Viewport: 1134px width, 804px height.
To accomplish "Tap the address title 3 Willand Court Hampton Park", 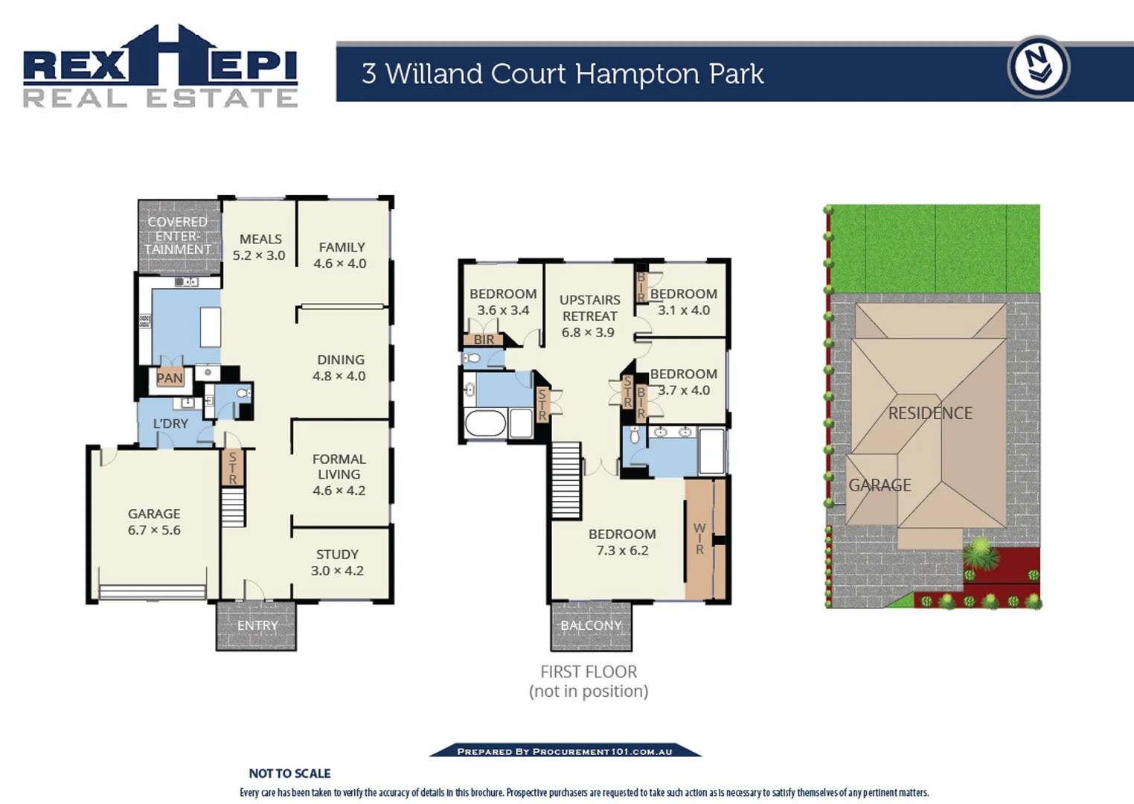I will click(x=563, y=74).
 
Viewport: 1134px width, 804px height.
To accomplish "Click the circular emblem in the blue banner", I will click(x=1038, y=68).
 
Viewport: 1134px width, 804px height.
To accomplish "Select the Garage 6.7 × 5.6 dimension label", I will click(x=154, y=522).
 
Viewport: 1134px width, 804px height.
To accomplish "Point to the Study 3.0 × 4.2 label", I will click(x=337, y=563).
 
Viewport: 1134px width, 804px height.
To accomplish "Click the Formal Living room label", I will click(x=339, y=474).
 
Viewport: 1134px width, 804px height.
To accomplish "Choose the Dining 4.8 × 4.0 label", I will click(x=339, y=368).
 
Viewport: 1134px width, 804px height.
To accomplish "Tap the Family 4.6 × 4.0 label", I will click(x=341, y=255).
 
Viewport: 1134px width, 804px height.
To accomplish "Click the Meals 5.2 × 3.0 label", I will click(x=259, y=247).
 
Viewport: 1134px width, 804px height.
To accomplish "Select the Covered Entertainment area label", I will click(x=178, y=235).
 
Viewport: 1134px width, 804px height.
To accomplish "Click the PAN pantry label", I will click(x=169, y=378).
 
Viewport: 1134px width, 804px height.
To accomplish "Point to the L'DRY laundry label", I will click(x=170, y=424).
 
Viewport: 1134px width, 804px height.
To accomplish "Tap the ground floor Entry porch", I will click(x=257, y=626).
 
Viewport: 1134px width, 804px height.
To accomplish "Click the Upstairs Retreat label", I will click(x=589, y=316).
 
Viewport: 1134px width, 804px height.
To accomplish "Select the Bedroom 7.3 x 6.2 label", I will click(x=622, y=542).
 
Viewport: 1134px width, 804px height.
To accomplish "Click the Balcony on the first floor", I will click(x=591, y=626).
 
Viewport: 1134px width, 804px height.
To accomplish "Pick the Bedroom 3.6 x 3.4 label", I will click(x=503, y=301).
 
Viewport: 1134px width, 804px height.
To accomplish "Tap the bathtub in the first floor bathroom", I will click(x=485, y=424).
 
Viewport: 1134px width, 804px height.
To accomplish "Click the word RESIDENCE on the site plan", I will click(x=930, y=413).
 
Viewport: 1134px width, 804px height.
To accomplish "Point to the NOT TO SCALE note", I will click(x=289, y=773).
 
